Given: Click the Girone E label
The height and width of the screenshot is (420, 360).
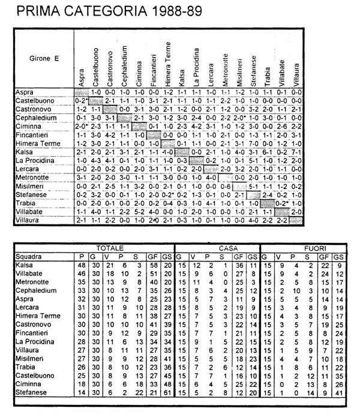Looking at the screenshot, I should [x=40, y=60].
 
